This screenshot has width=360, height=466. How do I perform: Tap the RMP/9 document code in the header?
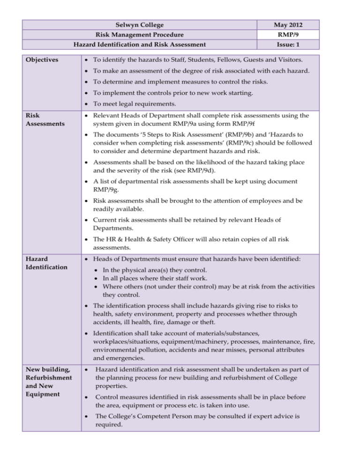289,35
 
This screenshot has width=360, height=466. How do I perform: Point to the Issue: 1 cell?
289,45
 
